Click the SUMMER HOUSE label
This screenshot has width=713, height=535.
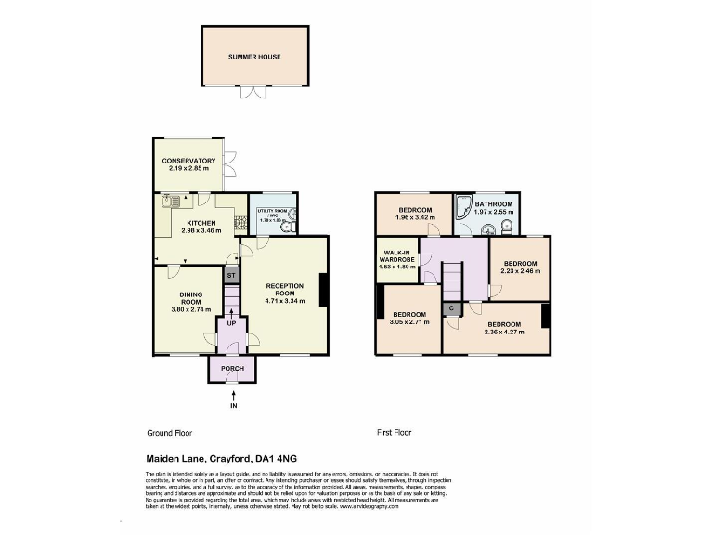254,57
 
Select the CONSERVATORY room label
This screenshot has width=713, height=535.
188,161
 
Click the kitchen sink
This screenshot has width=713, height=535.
171,201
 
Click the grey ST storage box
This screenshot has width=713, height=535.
231,276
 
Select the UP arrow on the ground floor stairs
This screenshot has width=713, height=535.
231,322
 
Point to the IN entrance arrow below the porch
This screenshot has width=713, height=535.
232,398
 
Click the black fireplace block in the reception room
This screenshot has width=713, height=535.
322,290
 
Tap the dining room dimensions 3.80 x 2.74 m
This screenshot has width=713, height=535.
190,309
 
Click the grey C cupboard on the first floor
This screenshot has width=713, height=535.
451,307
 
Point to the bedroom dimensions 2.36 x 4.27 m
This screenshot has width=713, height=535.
502,332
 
